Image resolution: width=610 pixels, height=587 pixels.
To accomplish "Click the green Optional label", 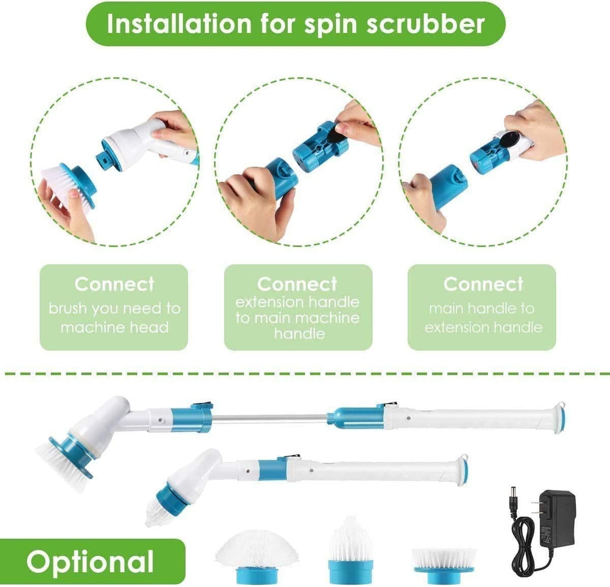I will [x=90, y=561].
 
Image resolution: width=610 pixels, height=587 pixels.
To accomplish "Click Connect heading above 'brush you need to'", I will [x=114, y=285].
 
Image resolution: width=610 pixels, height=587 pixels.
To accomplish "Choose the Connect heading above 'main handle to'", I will [x=483, y=285].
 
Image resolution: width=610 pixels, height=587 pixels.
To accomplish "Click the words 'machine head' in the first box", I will [x=114, y=327].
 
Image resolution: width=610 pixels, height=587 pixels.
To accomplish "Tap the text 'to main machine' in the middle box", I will [x=298, y=317].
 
